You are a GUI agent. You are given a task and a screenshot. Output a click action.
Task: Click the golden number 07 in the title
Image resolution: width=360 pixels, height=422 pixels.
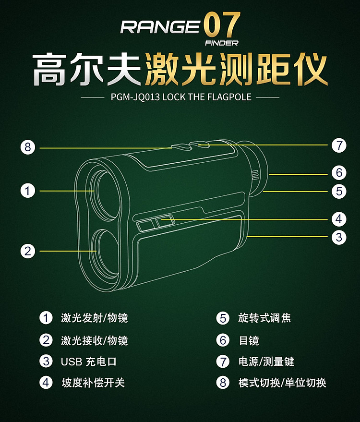[x=222, y=25]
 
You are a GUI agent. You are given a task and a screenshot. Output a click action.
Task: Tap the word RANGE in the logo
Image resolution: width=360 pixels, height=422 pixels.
[x=160, y=27]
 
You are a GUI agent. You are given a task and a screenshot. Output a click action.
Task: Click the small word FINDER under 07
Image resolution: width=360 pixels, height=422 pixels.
[x=222, y=43]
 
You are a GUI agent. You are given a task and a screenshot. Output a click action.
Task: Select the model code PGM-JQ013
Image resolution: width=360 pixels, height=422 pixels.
[x=135, y=97]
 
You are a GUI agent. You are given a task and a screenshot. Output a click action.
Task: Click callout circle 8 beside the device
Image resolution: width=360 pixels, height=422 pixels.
[x=28, y=147]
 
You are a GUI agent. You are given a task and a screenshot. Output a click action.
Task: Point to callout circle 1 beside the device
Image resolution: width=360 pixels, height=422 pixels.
[x=28, y=191]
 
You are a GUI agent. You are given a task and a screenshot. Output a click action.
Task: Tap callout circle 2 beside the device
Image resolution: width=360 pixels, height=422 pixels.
[x=28, y=251]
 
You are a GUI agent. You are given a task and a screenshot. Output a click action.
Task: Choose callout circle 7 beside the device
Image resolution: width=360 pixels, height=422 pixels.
[x=339, y=145]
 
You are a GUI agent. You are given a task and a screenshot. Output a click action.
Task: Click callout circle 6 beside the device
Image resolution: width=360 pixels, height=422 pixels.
[x=339, y=172]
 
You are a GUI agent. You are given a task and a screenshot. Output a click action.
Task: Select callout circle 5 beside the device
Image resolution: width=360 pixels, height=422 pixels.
[x=339, y=192]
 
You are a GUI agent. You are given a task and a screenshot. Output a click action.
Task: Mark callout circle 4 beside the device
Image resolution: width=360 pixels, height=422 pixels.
[x=339, y=219]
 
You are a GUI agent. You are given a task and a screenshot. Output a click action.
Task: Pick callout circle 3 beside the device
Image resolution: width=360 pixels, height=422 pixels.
[x=339, y=237]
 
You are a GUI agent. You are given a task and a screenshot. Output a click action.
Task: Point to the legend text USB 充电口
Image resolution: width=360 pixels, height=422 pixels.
[x=88, y=362]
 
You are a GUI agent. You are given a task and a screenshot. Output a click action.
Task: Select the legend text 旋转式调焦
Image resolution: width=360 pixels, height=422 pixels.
[x=264, y=318]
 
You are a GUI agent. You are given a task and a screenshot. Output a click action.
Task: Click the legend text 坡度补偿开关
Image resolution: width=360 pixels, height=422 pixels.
[x=93, y=383]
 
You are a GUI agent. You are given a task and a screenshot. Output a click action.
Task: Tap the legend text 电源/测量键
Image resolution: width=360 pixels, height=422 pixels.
[x=266, y=362]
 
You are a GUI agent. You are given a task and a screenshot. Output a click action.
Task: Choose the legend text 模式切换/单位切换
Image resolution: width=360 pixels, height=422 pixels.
[x=282, y=383]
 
